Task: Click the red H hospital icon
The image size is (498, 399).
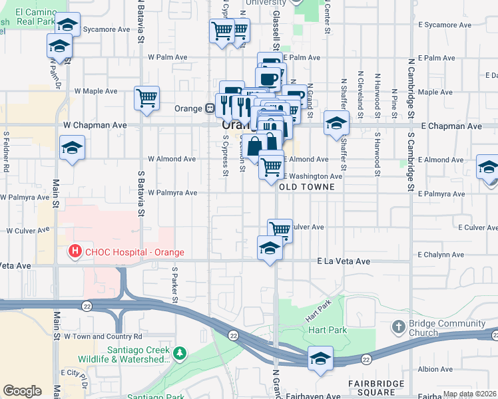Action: pos(75,252)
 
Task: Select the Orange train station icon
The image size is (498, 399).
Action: pos(209,108)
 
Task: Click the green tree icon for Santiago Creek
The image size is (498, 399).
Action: pos(178,352)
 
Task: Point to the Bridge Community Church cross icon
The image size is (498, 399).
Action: pos(398,327)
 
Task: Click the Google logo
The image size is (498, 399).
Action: pos(22,391)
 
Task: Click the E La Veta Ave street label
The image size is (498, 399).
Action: pos(344,261)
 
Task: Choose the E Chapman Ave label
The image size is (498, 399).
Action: pos(455,126)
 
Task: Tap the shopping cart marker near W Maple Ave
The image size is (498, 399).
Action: pos(146,97)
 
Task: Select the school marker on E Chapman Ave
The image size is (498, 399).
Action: pos(337,123)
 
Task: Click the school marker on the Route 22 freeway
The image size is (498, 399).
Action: pos(320,358)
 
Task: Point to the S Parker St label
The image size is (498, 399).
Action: pos(174,283)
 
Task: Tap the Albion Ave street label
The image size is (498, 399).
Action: pos(436,369)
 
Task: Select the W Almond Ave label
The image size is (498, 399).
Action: pos(172,160)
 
